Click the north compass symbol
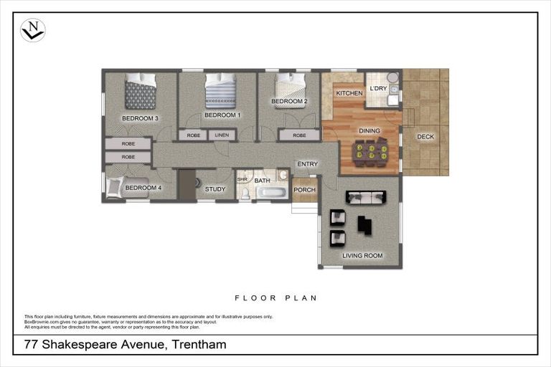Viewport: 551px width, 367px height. coord(32,30)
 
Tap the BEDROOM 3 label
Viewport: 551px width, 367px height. coord(140,118)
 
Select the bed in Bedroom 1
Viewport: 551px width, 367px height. coord(220,92)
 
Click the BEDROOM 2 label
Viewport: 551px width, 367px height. coord(289,102)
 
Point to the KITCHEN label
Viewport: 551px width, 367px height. coord(349,94)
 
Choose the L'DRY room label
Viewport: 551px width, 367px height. coord(378,89)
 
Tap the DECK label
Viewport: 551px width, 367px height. coord(425,137)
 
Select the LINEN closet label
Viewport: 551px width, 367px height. coord(222,135)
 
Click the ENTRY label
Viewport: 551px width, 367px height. coord(307,164)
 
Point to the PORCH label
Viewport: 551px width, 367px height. coord(304,190)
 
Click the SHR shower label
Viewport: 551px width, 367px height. coord(242,179)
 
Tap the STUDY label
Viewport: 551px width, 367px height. coord(215,189)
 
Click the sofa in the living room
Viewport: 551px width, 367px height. coord(366,197)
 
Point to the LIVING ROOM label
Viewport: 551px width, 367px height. coord(362,255)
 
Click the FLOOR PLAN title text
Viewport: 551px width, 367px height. coord(275,297)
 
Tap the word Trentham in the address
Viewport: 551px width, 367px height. coord(199,345)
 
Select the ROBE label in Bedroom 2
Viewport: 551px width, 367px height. coord(298,135)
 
